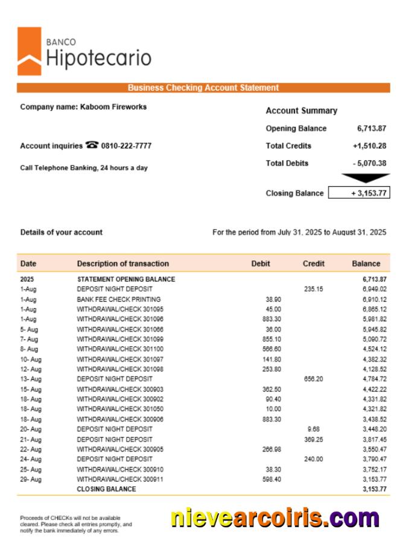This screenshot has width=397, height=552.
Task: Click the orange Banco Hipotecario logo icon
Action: [x=30, y=51]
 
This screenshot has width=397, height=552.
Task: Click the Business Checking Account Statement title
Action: [x=203, y=88]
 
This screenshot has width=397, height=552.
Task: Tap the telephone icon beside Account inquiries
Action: [x=92, y=145]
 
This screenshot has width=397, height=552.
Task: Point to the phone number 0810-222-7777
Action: [x=126, y=146]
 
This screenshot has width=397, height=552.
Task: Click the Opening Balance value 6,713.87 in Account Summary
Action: [x=371, y=129]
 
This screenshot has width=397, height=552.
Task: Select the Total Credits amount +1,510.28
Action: [x=369, y=146]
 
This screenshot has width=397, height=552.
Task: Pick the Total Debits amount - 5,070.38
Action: [x=369, y=163]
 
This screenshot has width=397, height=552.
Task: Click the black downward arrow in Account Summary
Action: [x=365, y=178]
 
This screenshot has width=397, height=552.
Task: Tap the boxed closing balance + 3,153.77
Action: [x=358, y=193]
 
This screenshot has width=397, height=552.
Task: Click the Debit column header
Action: [x=261, y=264]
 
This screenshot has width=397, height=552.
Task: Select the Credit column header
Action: [x=313, y=264]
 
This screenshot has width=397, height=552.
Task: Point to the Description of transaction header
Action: [x=122, y=264]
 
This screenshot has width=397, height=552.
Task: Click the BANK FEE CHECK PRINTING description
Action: [x=118, y=300]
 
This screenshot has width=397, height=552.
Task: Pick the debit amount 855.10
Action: [x=272, y=339]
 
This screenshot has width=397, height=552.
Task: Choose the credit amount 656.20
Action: [x=314, y=379]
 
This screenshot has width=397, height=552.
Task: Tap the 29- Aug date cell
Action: [x=31, y=480]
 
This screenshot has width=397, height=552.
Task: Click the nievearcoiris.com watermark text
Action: [x=275, y=518]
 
